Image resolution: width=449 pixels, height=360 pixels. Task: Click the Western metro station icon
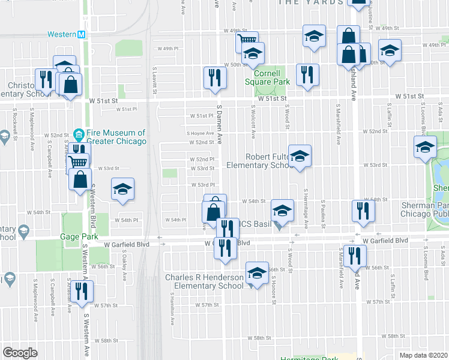82,35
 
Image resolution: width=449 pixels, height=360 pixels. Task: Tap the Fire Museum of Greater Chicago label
109,137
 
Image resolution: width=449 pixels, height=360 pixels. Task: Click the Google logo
20,353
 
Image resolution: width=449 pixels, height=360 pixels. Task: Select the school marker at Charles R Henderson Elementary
257,275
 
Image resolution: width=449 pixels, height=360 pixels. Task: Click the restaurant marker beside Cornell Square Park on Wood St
307,74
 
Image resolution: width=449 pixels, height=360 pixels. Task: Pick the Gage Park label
79,237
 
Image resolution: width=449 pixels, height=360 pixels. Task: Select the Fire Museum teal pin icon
78,133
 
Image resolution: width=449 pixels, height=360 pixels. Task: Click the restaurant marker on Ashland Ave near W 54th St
363,211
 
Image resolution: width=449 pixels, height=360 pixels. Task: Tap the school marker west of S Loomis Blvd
426,147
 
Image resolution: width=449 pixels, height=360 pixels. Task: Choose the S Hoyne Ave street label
200,133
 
